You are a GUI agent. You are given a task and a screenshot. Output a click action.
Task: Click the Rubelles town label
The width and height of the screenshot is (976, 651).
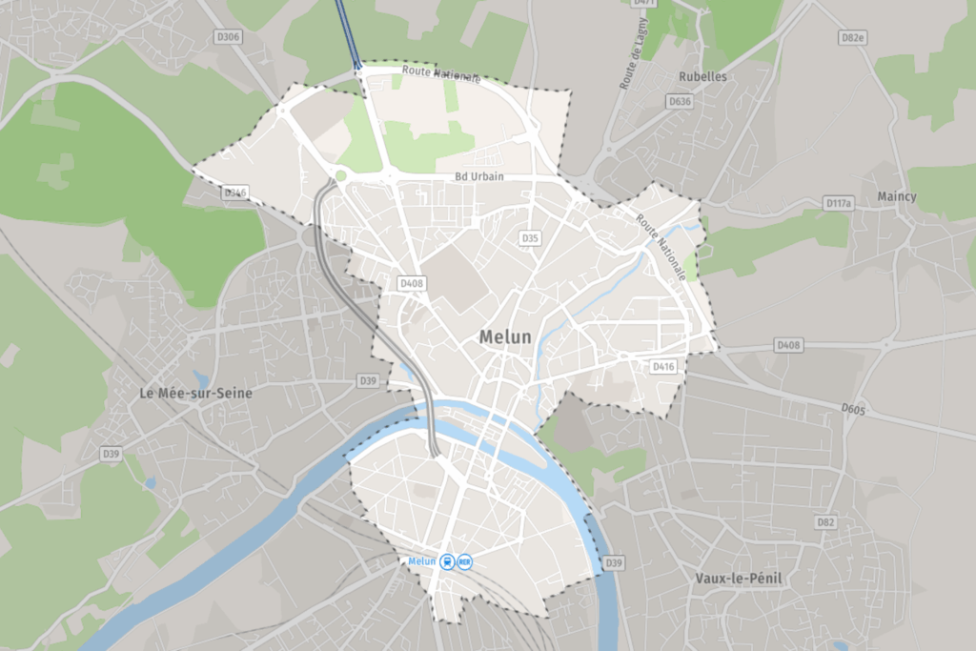[703, 76]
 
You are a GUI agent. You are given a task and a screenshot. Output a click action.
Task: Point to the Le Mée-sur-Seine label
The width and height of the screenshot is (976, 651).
[195, 392]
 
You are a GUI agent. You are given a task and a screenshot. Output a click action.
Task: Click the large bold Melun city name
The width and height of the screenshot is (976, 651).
[505, 336]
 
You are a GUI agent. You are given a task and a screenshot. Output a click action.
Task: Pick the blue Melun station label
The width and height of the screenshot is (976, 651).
[421, 561]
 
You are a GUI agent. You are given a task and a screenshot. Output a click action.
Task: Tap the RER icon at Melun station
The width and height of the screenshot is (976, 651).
[465, 562]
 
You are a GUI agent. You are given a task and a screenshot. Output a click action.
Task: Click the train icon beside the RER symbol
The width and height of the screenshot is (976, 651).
[447, 562]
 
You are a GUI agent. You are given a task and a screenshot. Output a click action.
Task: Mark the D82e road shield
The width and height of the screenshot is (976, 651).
[853, 37]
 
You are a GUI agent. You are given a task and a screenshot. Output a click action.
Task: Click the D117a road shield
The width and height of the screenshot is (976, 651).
[838, 203]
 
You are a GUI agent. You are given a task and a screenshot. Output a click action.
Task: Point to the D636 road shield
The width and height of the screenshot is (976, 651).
[680, 100]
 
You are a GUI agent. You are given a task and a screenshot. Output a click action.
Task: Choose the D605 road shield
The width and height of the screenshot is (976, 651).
[853, 408]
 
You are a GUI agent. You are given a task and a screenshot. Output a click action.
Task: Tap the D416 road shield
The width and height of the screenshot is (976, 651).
[663, 366]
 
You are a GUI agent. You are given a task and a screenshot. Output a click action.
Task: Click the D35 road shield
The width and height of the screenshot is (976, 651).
[531, 237]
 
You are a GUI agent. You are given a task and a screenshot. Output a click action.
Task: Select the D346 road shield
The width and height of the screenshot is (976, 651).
[234, 193]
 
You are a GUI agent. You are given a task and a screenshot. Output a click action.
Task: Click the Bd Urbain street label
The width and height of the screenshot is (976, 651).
[478, 177]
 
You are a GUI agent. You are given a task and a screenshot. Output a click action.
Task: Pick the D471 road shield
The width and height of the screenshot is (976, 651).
[644, 3]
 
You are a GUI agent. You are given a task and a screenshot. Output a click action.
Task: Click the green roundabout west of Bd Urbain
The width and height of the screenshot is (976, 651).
[340, 175]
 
